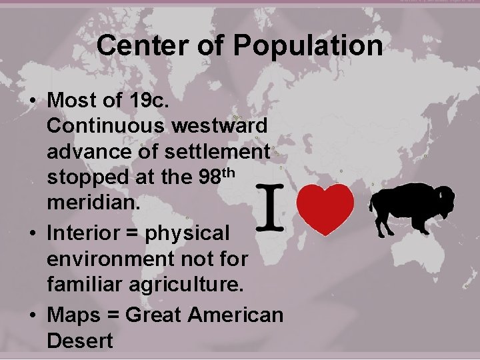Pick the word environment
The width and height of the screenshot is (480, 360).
[106, 259]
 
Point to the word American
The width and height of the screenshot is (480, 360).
[236, 313]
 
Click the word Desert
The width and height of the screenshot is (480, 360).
[80, 340]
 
